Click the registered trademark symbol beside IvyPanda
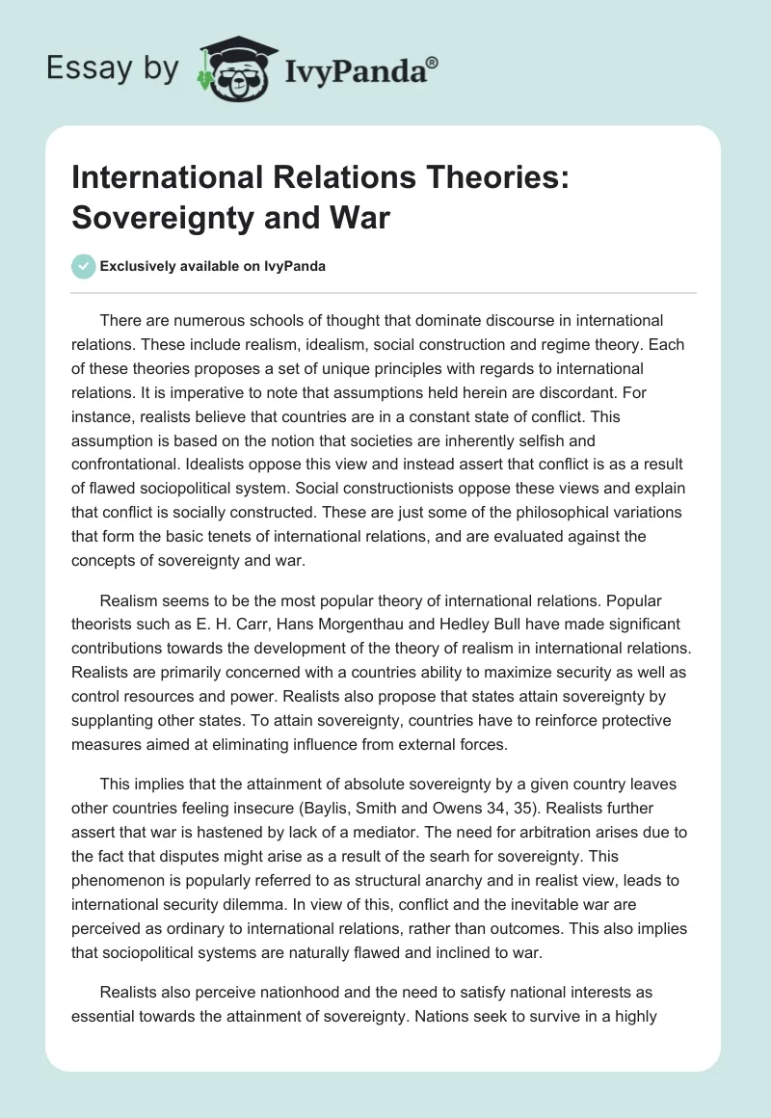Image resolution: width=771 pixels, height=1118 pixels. click(433, 64)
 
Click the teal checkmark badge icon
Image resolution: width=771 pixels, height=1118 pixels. click(84, 266)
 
